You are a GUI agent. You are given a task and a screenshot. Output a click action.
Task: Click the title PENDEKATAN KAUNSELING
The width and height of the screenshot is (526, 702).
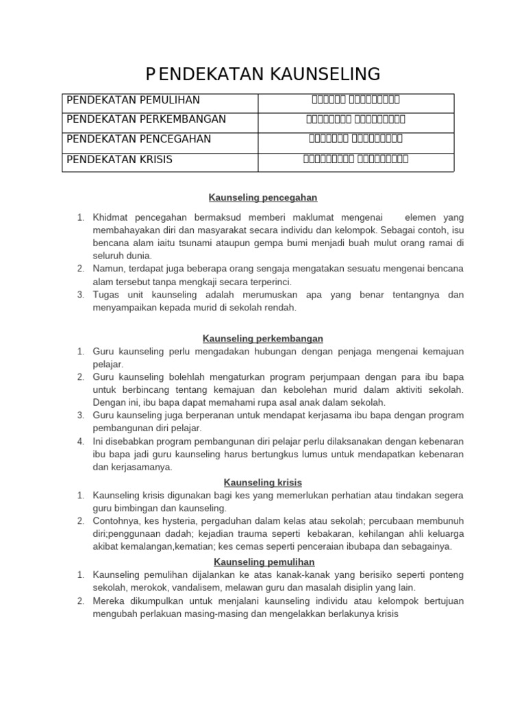[x=263, y=73]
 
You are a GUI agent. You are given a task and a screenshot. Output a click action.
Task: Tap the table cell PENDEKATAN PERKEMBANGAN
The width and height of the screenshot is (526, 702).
[x=146, y=119]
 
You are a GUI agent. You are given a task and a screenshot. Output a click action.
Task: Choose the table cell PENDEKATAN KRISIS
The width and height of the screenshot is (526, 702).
[x=119, y=159]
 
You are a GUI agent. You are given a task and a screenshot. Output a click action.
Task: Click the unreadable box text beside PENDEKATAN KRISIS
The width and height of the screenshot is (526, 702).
[x=355, y=159]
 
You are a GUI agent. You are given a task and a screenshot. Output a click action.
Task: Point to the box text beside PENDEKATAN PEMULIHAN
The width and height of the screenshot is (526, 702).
[x=355, y=100]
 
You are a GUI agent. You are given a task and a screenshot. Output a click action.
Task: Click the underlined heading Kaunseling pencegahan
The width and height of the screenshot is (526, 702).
[x=263, y=197]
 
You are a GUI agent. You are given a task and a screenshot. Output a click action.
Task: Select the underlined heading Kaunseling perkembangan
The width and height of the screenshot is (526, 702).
[x=263, y=339]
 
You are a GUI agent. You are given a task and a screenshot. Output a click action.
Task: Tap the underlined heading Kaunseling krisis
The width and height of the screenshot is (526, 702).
[x=263, y=483]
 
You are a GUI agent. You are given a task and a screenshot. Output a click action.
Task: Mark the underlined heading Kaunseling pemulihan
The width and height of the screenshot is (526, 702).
[x=263, y=562]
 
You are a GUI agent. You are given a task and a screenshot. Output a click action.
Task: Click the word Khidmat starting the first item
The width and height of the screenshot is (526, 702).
[x=110, y=217]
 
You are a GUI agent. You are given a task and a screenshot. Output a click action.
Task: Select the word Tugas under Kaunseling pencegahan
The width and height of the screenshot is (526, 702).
[x=106, y=295]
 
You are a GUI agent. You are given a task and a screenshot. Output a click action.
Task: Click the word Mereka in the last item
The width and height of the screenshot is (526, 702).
[x=109, y=601]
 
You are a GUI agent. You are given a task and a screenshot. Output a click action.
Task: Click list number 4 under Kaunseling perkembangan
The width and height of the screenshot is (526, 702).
[x=80, y=441]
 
